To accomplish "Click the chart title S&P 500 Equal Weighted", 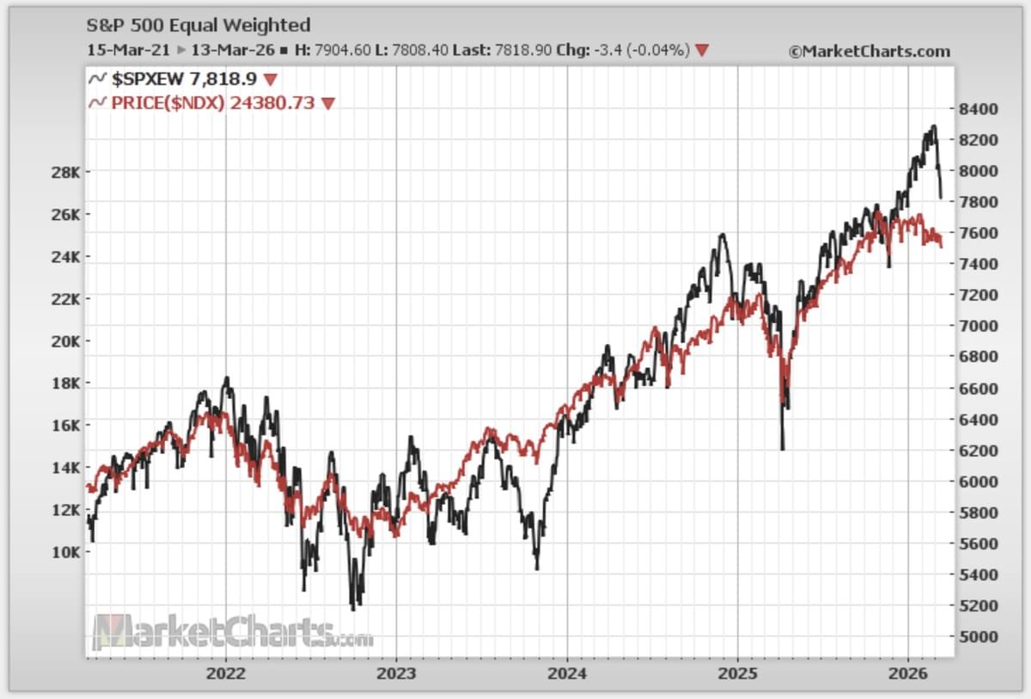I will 198,26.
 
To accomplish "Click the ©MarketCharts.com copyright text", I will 869,52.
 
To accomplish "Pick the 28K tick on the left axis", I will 66,172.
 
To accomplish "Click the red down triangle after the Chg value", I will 702,51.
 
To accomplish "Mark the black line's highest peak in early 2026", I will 933,127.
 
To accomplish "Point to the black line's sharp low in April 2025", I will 782,447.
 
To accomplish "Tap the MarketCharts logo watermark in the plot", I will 232,633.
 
